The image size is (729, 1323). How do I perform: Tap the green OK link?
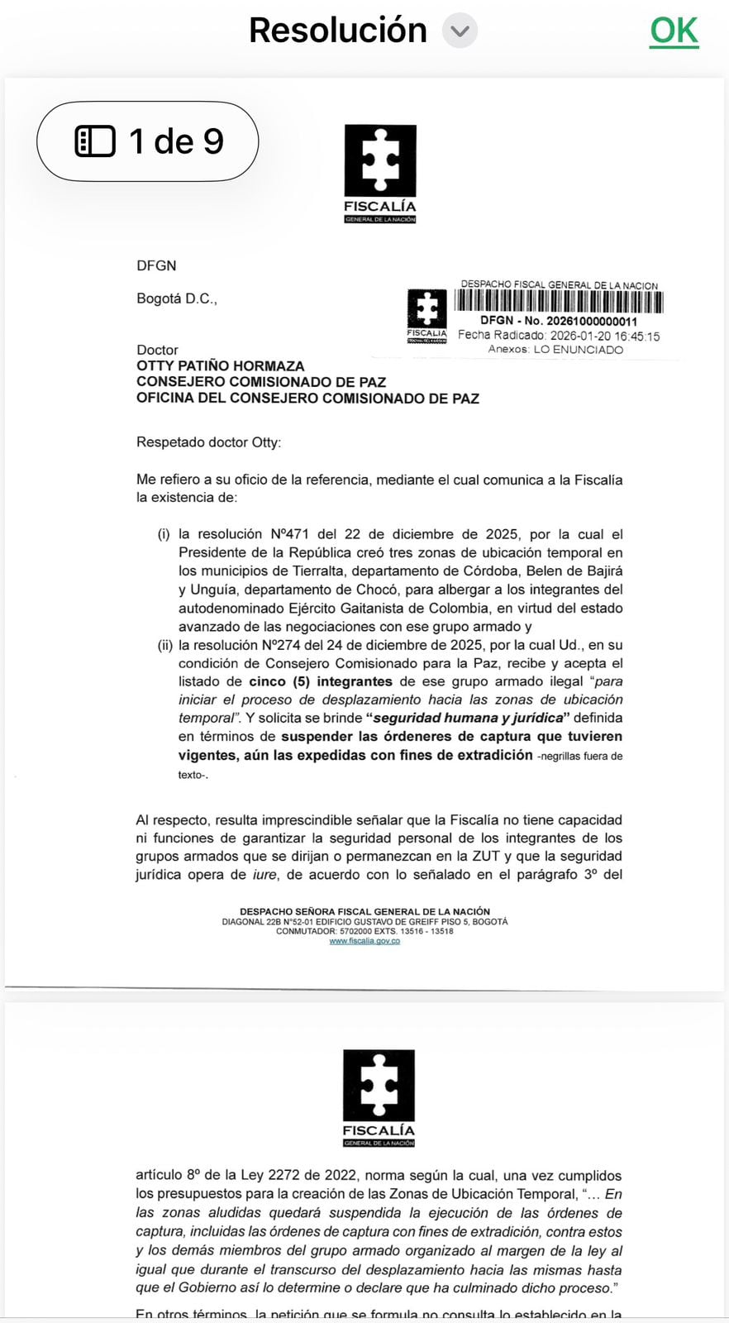[674, 31]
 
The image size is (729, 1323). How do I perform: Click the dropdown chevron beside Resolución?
[460, 32]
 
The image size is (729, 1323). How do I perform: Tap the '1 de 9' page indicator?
[148, 141]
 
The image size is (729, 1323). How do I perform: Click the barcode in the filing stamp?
[560, 302]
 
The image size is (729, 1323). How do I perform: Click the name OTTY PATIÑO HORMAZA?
[220, 365]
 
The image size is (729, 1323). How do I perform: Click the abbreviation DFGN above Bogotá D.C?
[156, 265]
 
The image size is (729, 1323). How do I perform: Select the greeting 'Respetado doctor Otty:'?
[208, 442]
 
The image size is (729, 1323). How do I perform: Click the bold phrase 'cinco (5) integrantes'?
[321, 681]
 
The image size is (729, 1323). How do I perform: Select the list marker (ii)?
[164, 645]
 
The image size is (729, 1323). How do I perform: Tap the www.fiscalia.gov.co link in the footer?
[364, 940]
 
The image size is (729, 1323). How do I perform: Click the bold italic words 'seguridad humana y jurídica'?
[469, 718]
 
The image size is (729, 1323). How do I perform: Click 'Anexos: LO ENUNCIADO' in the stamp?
[555, 350]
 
